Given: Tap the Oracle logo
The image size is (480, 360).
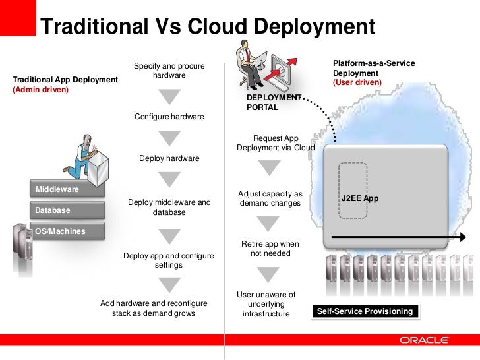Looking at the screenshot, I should coord(424,340).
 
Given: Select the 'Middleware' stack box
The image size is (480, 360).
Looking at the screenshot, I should coord(66,189).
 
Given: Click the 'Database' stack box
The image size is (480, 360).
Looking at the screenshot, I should coord(66,210).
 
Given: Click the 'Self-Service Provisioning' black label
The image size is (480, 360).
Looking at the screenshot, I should coord(365,311).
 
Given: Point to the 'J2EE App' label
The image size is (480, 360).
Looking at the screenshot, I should coord(359,198).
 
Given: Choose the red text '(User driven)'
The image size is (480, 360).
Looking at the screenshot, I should coord(357,82).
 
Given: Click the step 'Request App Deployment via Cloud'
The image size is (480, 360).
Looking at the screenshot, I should coord(276,143).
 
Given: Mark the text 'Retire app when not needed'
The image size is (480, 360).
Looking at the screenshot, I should coord(270,249).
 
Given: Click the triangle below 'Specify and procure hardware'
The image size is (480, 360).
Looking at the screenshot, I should coord(169,96).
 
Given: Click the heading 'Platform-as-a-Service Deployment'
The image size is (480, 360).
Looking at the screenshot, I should coord(374,67).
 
